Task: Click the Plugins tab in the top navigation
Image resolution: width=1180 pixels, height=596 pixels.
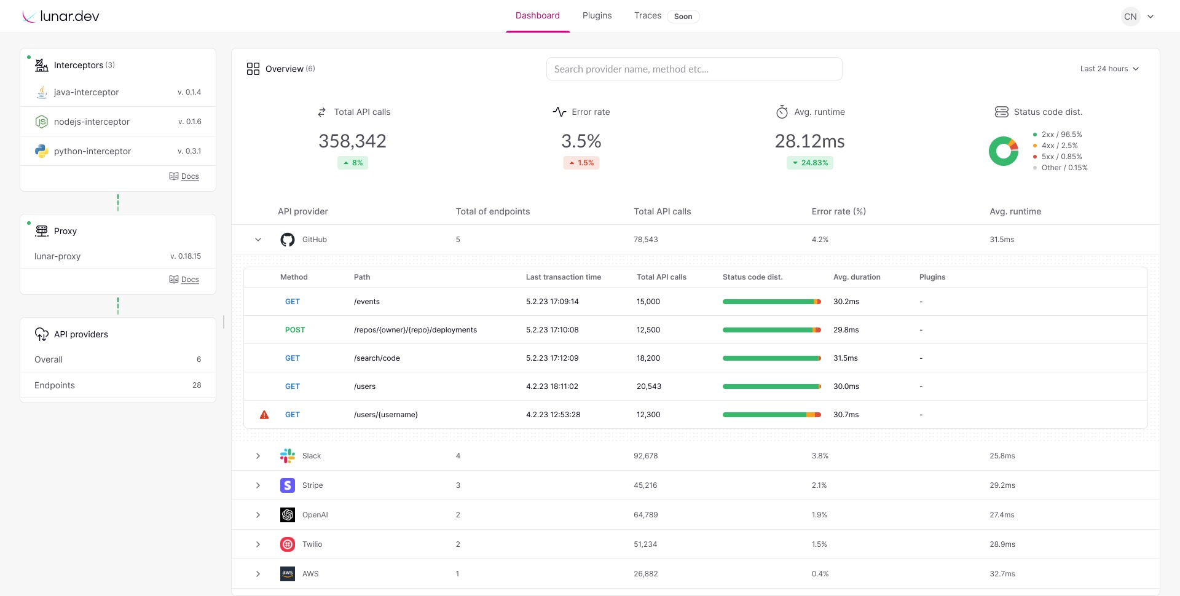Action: pyautogui.click(x=597, y=15)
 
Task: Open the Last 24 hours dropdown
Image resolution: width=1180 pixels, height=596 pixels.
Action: pyautogui.click(x=1109, y=69)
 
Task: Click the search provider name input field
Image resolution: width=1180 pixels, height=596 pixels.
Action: pyautogui.click(x=693, y=69)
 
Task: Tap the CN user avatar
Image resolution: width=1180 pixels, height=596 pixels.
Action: pyautogui.click(x=1130, y=17)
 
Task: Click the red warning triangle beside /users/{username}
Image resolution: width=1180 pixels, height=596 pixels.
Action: pyautogui.click(x=264, y=415)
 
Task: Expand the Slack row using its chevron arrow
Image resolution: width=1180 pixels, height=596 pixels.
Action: pyautogui.click(x=258, y=456)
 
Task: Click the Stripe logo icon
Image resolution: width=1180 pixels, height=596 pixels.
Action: pyautogui.click(x=287, y=485)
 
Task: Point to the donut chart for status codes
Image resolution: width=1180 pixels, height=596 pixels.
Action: pyautogui.click(x=1003, y=151)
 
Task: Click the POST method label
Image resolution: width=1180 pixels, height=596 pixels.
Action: pyautogui.click(x=294, y=330)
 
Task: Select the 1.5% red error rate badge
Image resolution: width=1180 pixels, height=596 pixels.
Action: pyautogui.click(x=581, y=163)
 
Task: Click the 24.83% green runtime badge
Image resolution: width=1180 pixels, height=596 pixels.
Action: pyautogui.click(x=810, y=163)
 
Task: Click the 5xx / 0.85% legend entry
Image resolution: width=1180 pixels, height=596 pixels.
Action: pyautogui.click(x=1061, y=157)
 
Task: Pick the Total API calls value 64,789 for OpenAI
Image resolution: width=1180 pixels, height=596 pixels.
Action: pyautogui.click(x=645, y=515)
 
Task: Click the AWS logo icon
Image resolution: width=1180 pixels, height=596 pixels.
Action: pyautogui.click(x=287, y=574)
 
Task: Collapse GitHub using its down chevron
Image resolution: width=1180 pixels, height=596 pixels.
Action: pyautogui.click(x=258, y=240)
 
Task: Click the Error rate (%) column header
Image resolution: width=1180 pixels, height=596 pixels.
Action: pyautogui.click(x=838, y=211)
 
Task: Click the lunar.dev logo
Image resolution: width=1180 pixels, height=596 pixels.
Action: pyautogui.click(x=61, y=17)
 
